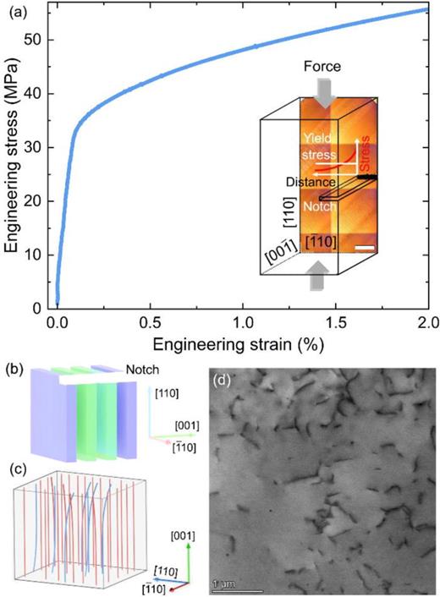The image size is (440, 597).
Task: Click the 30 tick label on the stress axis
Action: (x=42, y=147)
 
